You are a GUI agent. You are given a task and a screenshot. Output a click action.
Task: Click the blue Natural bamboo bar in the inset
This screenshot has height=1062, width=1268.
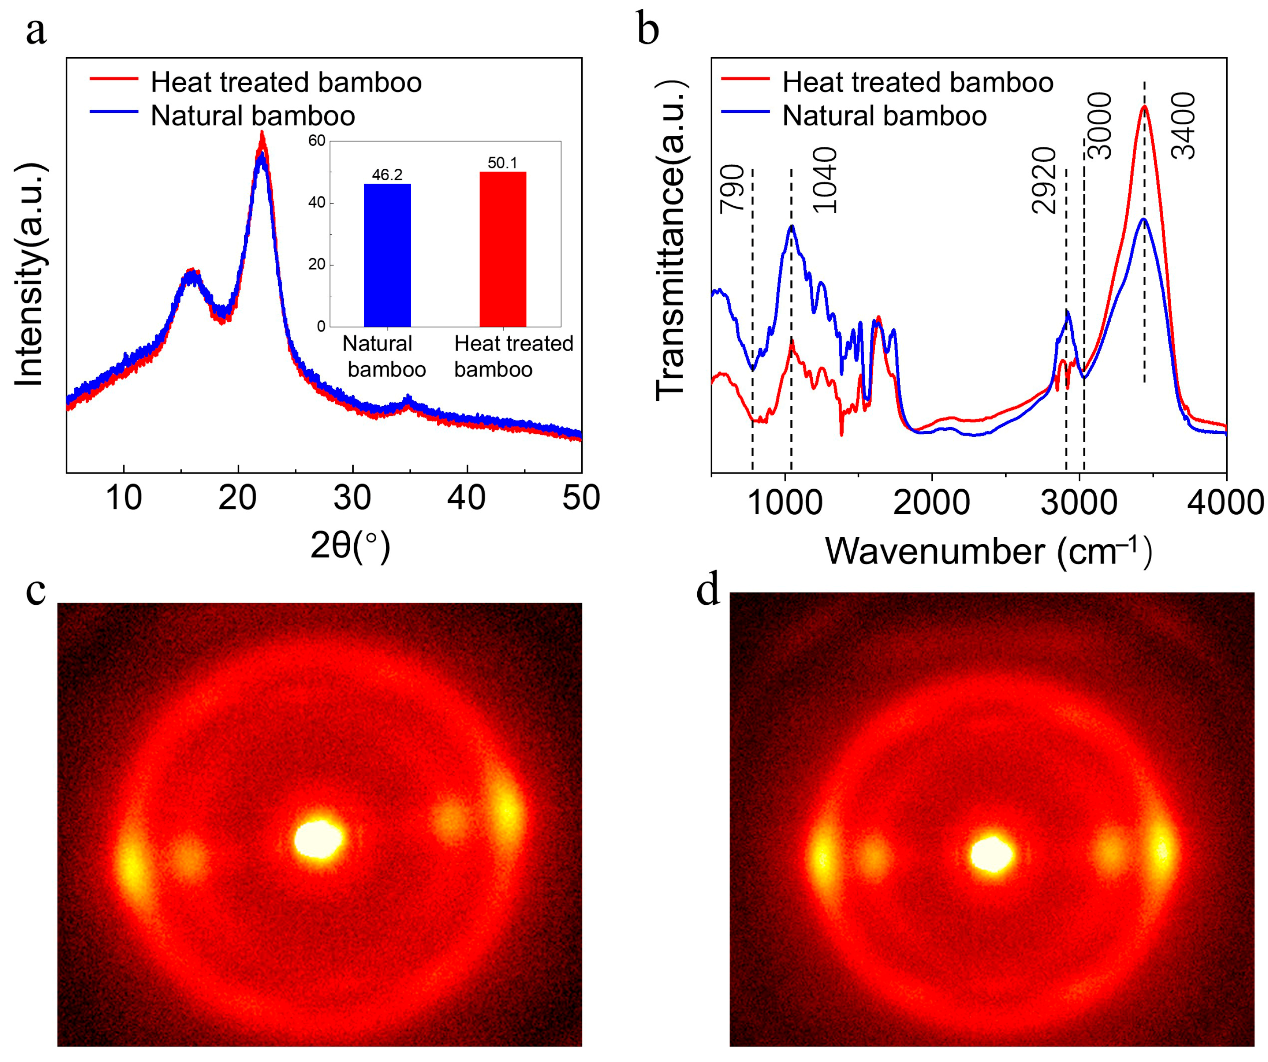(387, 255)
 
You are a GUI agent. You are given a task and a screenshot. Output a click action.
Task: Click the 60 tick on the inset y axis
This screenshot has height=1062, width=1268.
(317, 141)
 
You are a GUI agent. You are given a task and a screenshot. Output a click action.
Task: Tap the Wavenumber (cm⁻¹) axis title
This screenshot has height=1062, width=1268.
(989, 551)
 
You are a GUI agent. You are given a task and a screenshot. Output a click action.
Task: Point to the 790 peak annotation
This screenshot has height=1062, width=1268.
(732, 189)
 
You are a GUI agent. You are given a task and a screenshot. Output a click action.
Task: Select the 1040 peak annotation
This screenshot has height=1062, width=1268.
(825, 181)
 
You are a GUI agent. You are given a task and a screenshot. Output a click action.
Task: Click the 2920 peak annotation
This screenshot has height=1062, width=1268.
(1044, 181)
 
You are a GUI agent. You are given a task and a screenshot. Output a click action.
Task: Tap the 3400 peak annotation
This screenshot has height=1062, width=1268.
(1183, 126)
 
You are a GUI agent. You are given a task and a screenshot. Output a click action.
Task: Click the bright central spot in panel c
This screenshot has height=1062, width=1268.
(318, 839)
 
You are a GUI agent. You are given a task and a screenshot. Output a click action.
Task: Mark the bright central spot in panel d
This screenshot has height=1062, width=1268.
(992, 854)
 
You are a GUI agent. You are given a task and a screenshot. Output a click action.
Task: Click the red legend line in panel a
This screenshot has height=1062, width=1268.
(114, 79)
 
